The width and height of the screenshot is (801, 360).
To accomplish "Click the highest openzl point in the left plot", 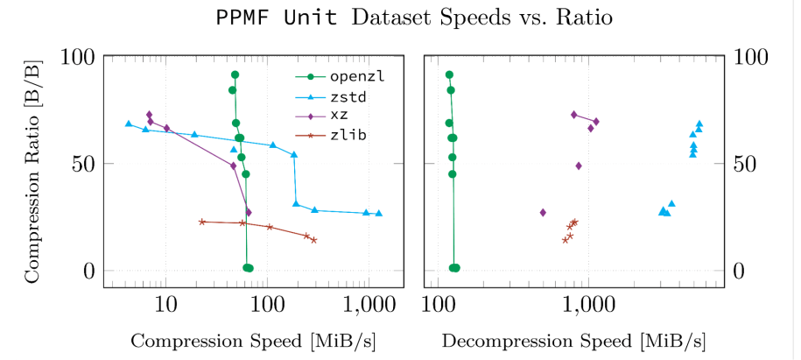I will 235,75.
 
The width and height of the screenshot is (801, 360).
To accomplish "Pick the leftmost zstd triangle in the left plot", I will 129,124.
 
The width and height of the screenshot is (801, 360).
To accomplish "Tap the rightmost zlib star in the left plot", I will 313,240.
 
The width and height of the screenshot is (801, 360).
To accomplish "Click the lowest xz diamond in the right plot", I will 543,213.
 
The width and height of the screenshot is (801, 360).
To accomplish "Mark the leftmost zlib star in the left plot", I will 202,222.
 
